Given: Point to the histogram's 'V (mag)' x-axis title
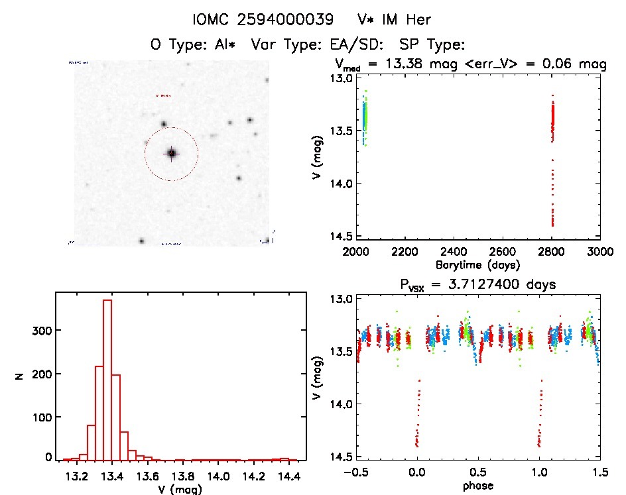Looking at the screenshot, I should [x=176, y=489].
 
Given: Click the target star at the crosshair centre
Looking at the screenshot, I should [x=171, y=153].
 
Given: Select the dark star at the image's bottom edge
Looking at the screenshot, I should [x=141, y=241].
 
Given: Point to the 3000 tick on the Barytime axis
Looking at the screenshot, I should [x=600, y=252].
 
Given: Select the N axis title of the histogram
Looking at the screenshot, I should [x=20, y=376].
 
